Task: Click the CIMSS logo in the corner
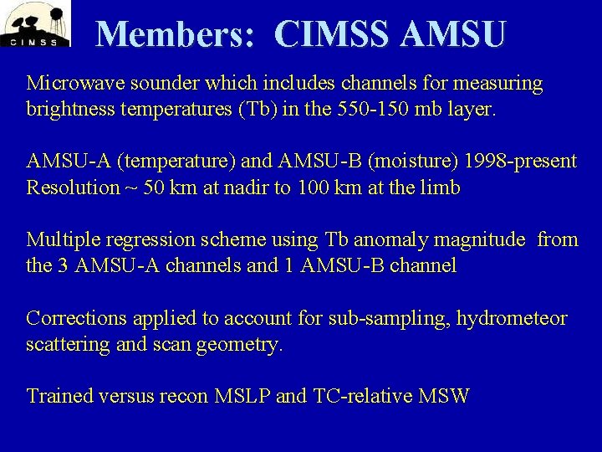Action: point(35,24)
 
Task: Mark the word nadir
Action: point(246,187)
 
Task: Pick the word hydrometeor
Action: point(514,318)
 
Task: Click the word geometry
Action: point(240,344)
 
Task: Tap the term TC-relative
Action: point(365,396)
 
